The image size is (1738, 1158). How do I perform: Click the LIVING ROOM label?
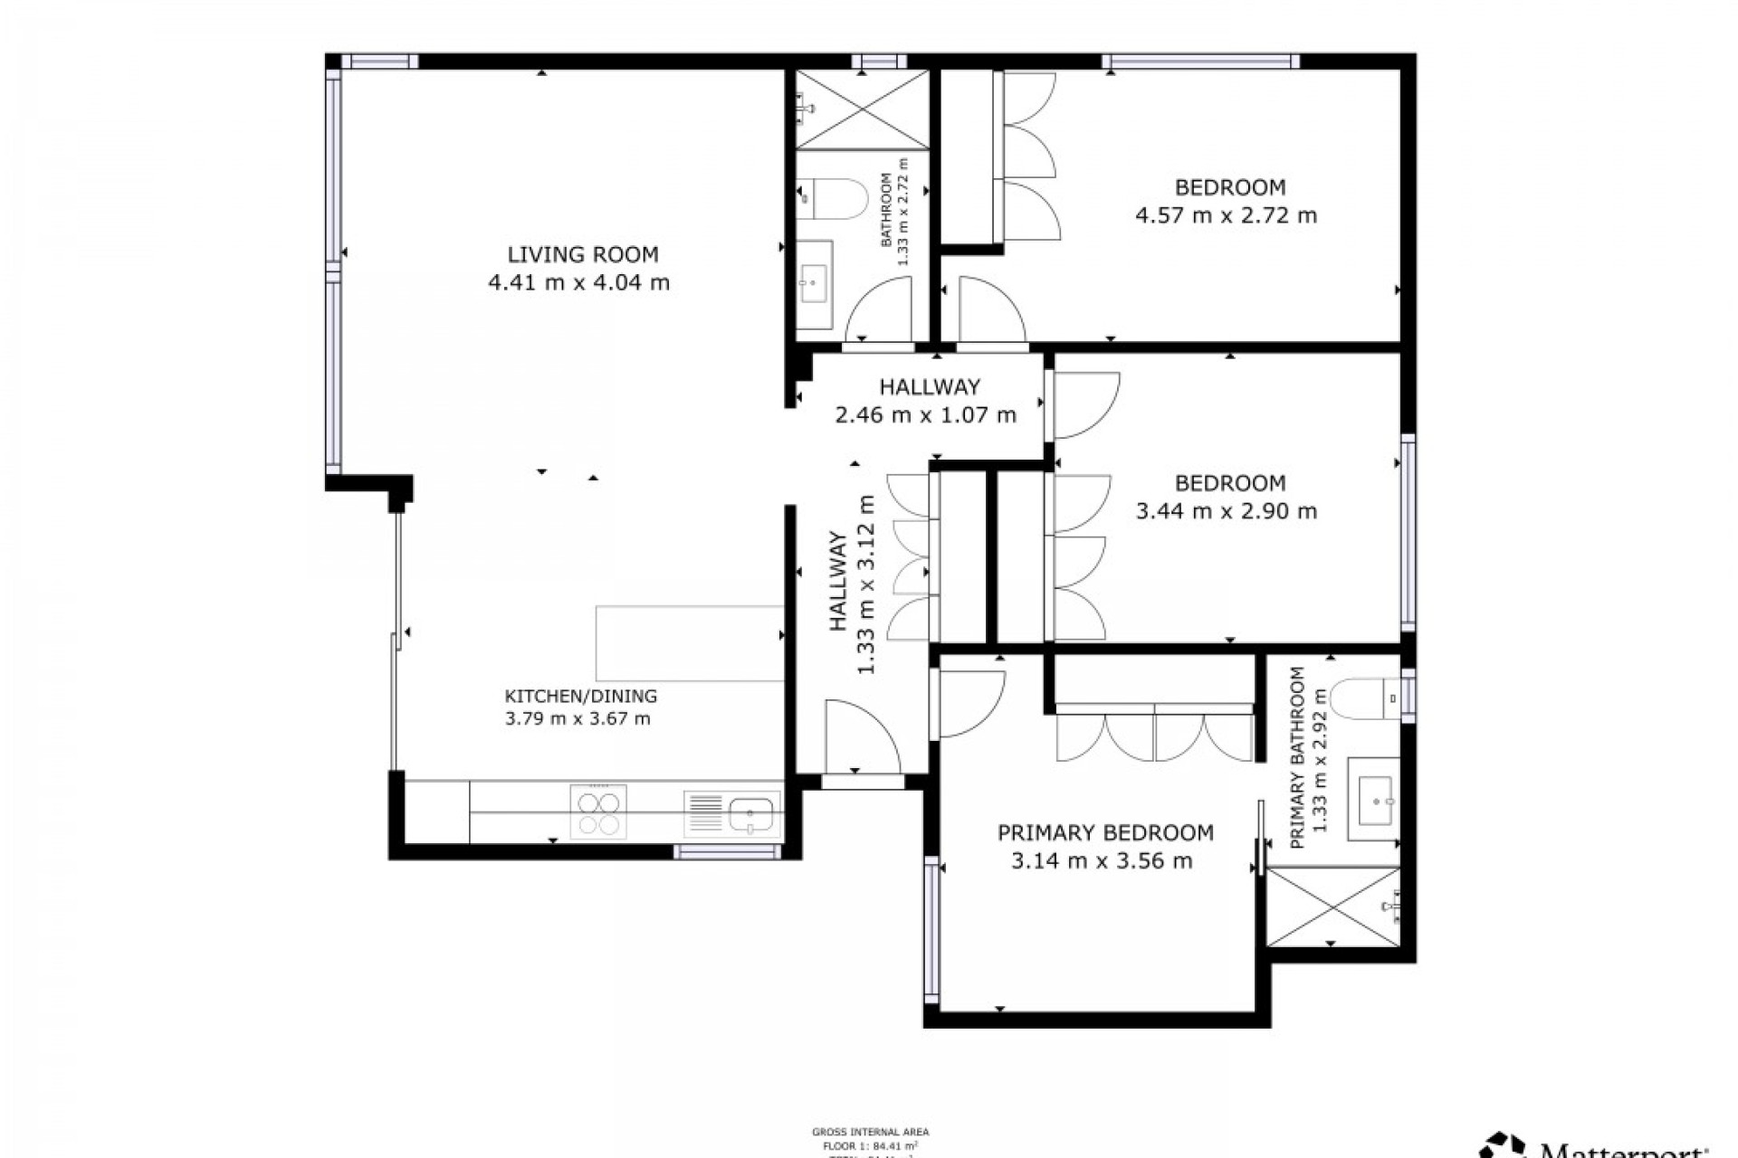582,254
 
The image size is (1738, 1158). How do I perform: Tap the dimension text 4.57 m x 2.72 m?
1226,215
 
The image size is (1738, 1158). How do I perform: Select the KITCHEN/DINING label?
580,696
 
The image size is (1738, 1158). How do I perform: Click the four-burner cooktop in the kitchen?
598,812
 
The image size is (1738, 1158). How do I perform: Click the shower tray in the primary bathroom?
1332,906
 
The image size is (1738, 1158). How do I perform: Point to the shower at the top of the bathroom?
862,109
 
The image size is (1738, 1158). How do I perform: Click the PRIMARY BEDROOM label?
1105,832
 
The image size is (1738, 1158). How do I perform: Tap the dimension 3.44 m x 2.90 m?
1226,511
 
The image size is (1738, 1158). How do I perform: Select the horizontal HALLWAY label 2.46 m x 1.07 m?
925,401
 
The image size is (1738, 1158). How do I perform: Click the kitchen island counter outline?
689,643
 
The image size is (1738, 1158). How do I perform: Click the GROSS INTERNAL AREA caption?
870,1132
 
